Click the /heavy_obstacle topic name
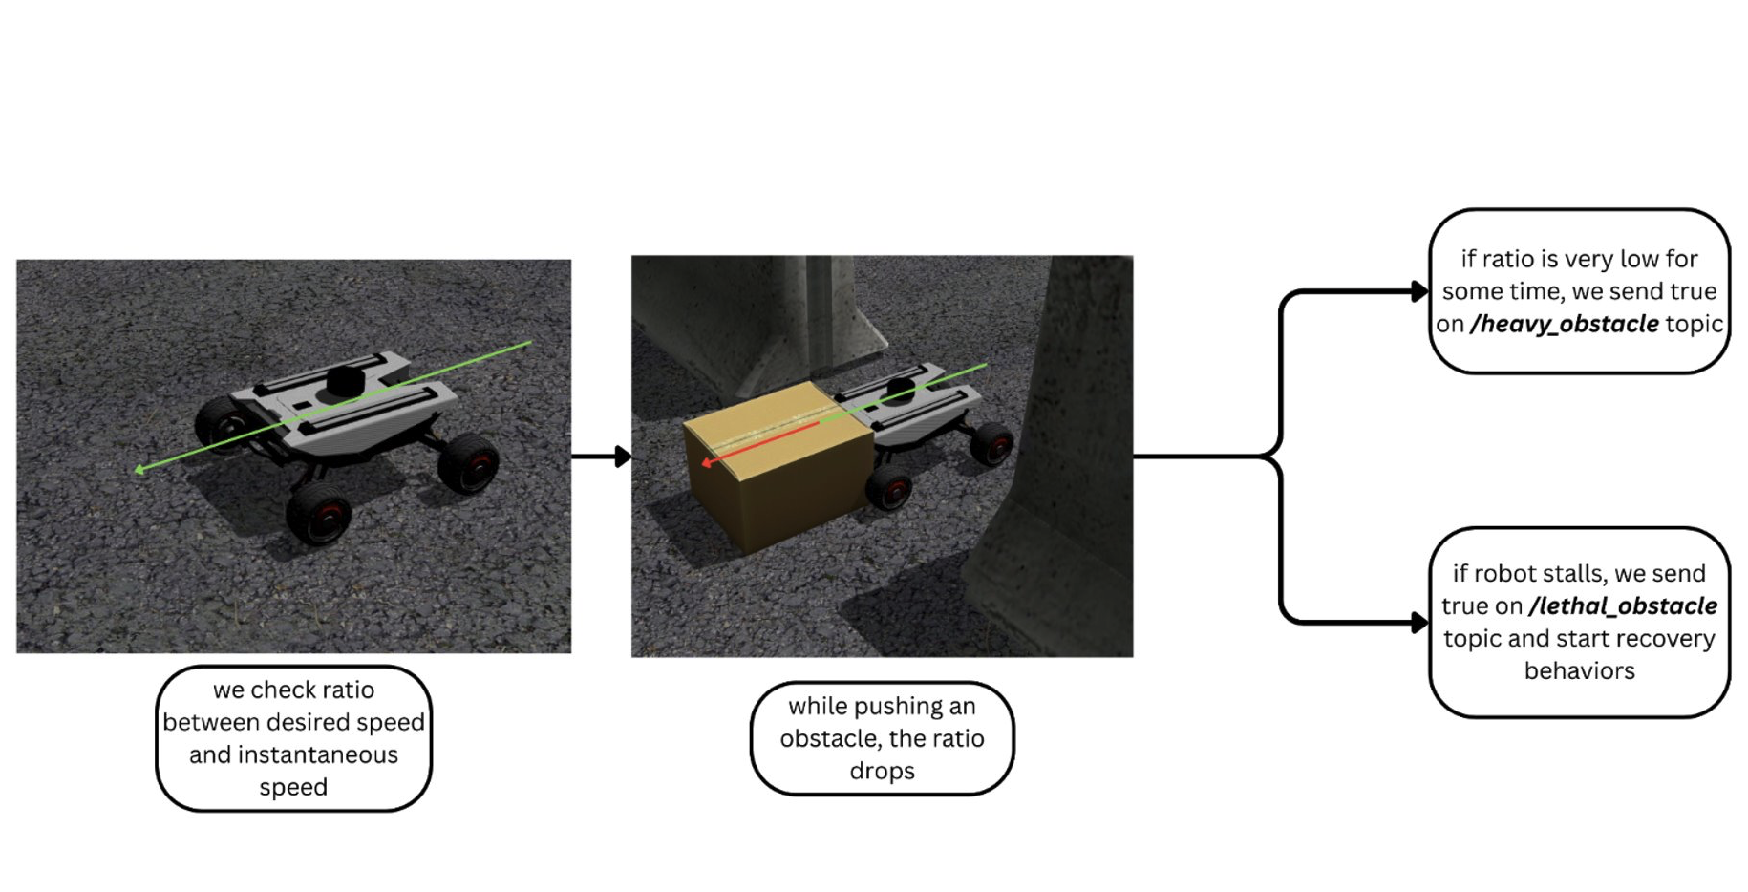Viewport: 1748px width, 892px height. (x=1564, y=324)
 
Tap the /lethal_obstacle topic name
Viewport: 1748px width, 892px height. (x=1622, y=605)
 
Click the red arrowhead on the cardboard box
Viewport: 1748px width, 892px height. (x=706, y=462)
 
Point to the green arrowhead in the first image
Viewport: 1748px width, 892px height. (x=140, y=469)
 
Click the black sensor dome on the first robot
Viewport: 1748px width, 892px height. (x=344, y=381)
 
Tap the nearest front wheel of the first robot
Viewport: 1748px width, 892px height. (x=318, y=513)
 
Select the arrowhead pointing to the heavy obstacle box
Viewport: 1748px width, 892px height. (x=1419, y=292)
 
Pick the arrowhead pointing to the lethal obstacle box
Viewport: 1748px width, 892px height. (x=1419, y=623)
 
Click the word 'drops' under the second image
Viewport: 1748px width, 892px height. (x=882, y=771)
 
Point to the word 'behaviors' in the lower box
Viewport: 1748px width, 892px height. (x=1579, y=670)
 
